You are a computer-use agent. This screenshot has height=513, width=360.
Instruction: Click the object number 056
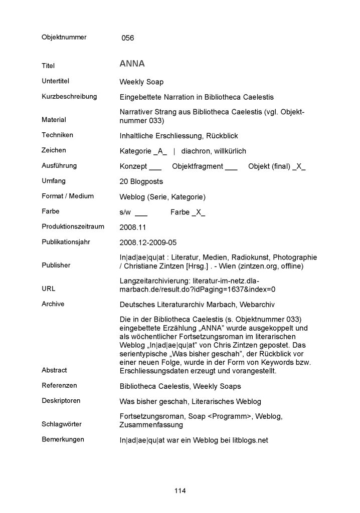128,38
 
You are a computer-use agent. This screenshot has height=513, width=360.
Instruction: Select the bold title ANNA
132,64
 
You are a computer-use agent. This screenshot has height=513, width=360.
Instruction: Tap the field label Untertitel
55,81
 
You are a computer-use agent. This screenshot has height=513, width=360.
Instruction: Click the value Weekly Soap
141,82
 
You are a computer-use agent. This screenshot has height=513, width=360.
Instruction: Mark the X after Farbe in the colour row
199,212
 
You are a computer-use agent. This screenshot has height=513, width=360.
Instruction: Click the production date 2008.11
132,227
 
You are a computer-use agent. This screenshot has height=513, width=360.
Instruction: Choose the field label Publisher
56,265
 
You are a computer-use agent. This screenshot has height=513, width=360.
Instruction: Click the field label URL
49,289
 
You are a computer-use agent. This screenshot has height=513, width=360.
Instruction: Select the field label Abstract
54,370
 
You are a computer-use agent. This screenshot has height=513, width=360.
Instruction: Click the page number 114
180,490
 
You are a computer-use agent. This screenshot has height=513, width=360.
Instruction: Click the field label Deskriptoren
61,401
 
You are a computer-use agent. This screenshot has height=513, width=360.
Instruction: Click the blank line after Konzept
155,167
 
